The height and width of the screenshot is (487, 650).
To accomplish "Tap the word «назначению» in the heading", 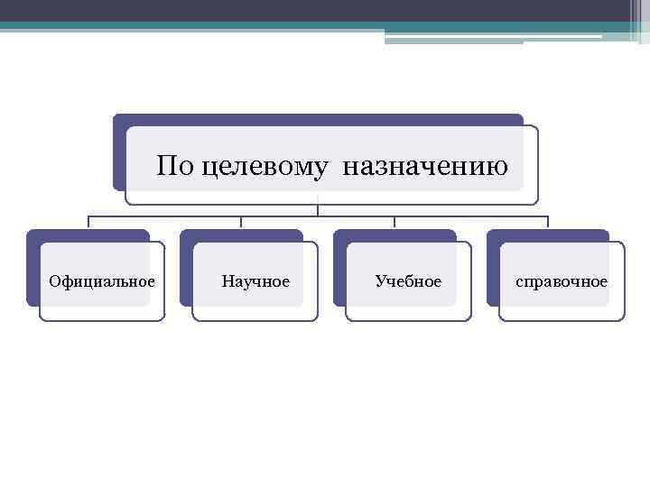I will point(424,167).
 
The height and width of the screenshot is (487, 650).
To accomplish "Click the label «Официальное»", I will point(102,282).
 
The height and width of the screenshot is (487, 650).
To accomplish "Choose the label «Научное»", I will point(255,282).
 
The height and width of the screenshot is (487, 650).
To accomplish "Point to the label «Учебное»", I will point(408,282).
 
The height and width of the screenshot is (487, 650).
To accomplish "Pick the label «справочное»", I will point(562,282).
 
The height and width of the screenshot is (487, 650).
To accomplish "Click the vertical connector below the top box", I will point(318,210).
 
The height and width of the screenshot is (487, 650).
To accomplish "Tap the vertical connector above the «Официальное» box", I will point(88,222).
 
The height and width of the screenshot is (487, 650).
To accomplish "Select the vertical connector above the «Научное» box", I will point(241,222).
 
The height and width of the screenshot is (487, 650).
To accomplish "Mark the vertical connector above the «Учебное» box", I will point(395,222).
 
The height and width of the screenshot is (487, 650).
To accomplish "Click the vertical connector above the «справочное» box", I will point(548,222).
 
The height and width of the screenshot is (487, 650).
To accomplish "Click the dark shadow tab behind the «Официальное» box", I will point(32,271).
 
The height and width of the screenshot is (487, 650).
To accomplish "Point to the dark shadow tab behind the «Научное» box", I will point(186,271).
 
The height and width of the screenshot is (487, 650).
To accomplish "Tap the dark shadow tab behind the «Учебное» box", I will point(339,271).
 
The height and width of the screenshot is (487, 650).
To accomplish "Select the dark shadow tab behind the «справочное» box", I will point(493,271).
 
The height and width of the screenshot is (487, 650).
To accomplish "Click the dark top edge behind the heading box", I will point(316,119).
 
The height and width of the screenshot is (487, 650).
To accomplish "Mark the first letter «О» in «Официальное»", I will point(55,282).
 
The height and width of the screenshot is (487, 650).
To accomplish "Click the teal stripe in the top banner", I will point(271,26).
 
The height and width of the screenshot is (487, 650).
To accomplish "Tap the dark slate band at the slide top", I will point(271,10).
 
